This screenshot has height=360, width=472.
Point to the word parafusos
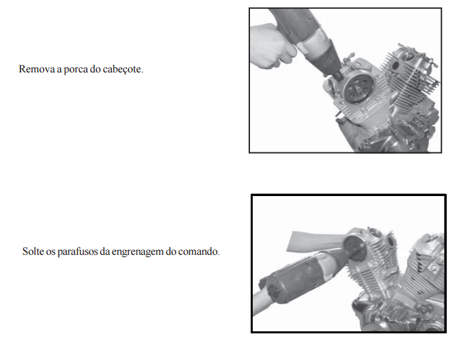[x=77, y=251]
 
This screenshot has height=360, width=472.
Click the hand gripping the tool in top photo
[x=273, y=46]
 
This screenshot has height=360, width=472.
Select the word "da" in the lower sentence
[x=105, y=251]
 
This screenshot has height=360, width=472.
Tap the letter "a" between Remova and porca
[x=59, y=70]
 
